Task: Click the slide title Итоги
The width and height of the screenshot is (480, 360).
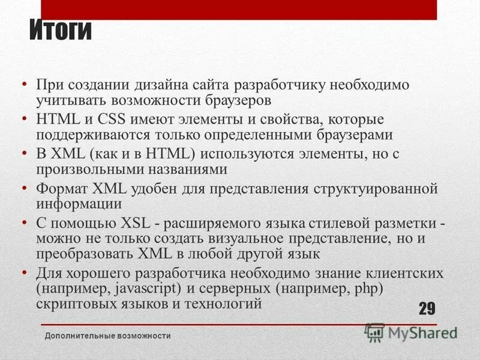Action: pyautogui.click(x=61, y=31)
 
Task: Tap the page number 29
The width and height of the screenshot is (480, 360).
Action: pyautogui.click(x=427, y=309)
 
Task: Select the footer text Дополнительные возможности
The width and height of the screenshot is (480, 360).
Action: pyautogui.click(x=109, y=336)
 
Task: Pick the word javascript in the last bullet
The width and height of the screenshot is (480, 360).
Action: pyautogui.click(x=141, y=289)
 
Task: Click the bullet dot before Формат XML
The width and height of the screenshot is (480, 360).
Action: pyautogui.click(x=23, y=188)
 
